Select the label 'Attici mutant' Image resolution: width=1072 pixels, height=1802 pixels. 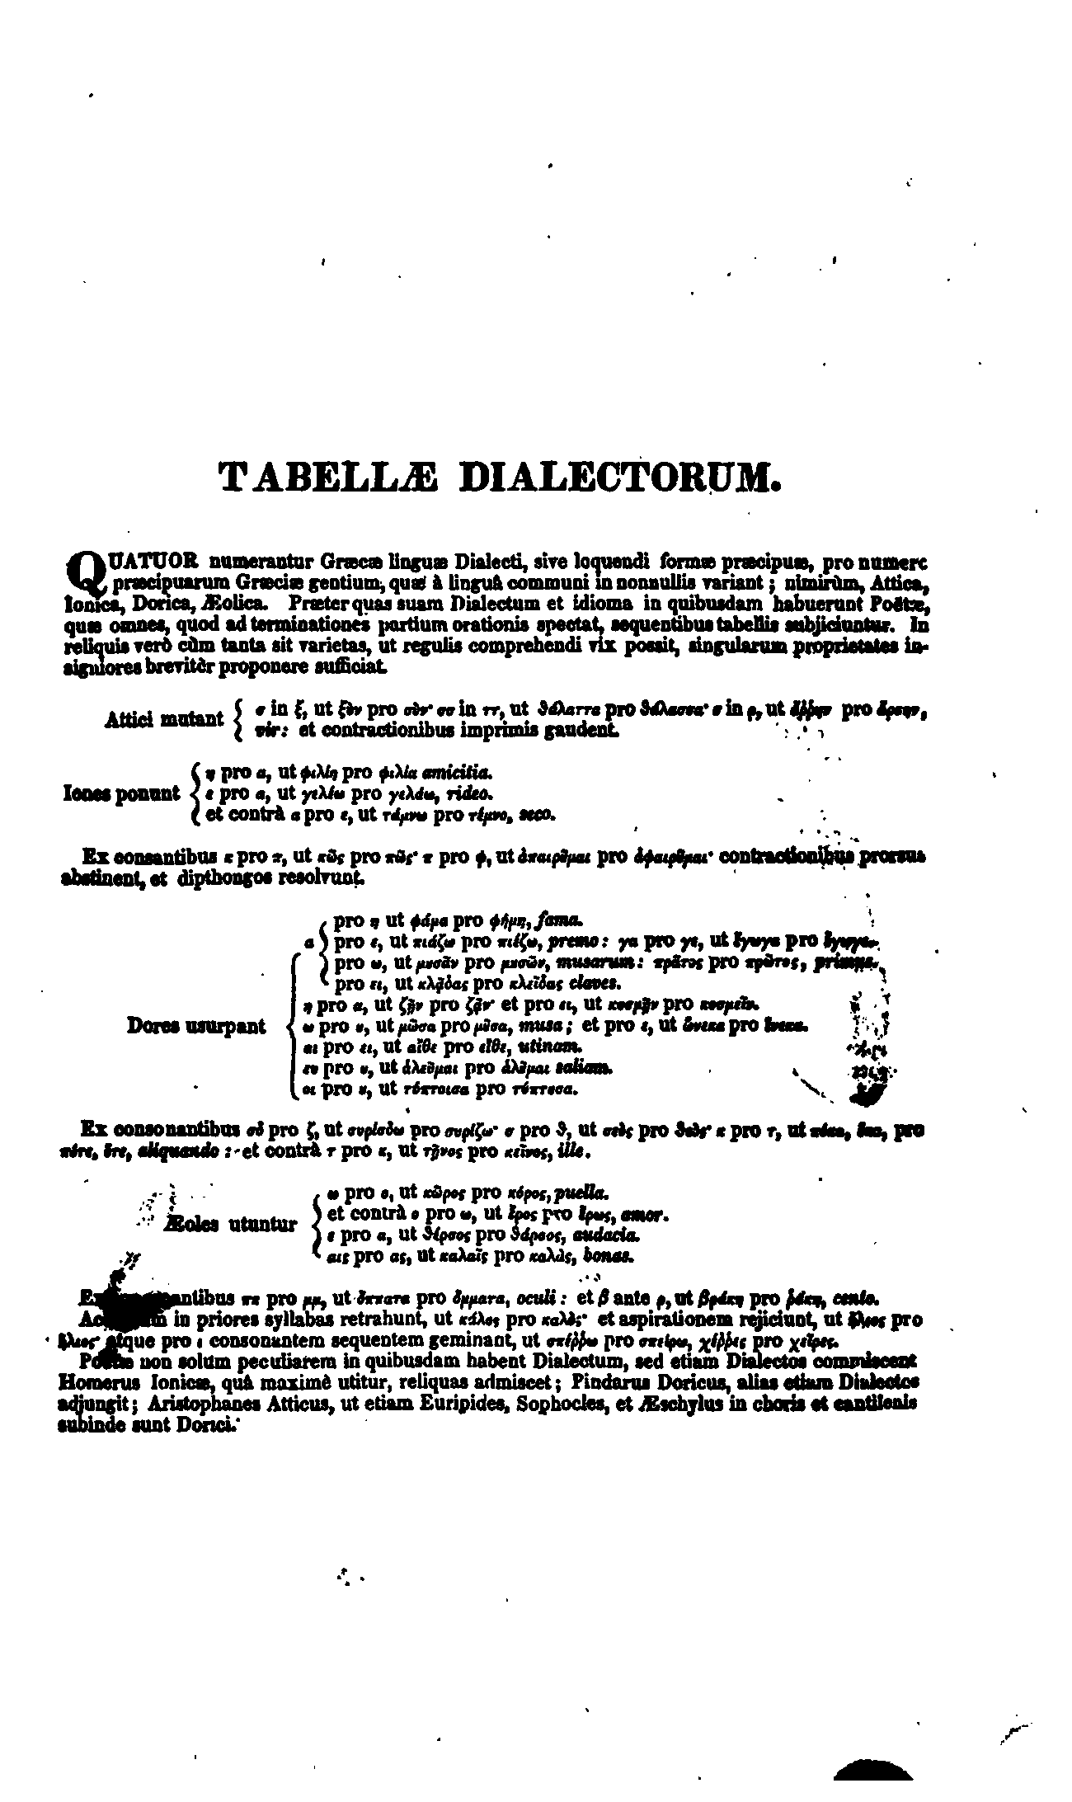coord(164,719)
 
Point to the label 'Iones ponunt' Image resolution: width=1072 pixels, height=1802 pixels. coord(121,793)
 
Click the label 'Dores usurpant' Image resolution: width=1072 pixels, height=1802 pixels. coord(196,1026)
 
